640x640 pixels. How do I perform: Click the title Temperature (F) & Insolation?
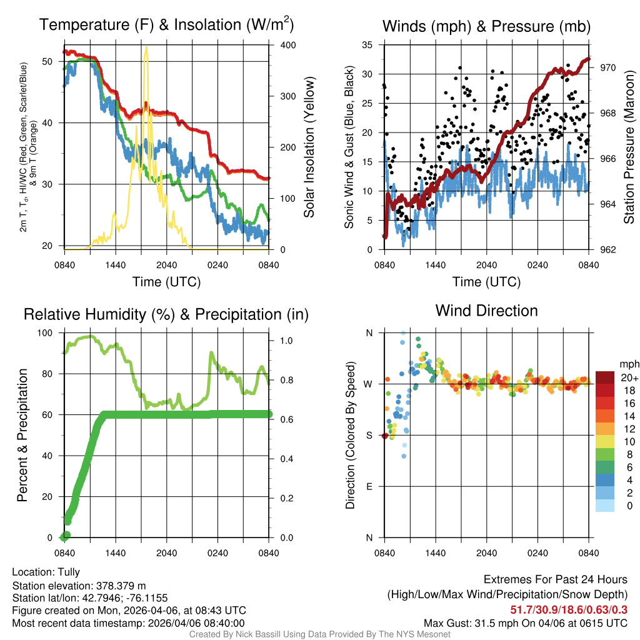point(166,25)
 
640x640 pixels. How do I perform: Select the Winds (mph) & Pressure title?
point(486,26)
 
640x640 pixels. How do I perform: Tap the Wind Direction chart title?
point(486,310)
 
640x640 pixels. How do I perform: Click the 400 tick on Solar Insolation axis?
point(281,46)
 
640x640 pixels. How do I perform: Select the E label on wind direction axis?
point(369,486)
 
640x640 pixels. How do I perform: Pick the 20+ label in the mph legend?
point(627,378)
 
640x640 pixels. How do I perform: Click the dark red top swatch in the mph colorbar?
point(604,377)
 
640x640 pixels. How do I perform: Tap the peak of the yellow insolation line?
point(146,47)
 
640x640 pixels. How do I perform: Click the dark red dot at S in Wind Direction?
point(385,436)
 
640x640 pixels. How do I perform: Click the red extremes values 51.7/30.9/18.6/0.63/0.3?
point(569,609)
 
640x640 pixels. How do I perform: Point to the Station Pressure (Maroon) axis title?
point(629,147)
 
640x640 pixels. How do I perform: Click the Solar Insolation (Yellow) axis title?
point(309,147)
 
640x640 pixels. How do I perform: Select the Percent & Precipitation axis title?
point(22,435)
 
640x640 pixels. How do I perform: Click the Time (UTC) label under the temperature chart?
point(166,282)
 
